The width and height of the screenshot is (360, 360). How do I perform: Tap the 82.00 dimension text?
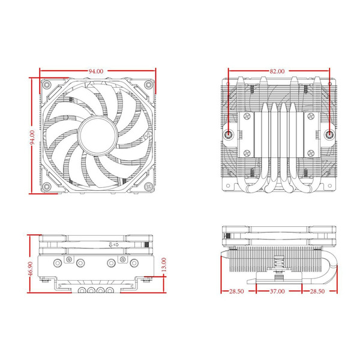[x=277, y=71]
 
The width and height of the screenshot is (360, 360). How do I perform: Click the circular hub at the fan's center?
[x=96, y=134]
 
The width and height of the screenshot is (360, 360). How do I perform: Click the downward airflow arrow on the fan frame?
[x=110, y=245]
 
